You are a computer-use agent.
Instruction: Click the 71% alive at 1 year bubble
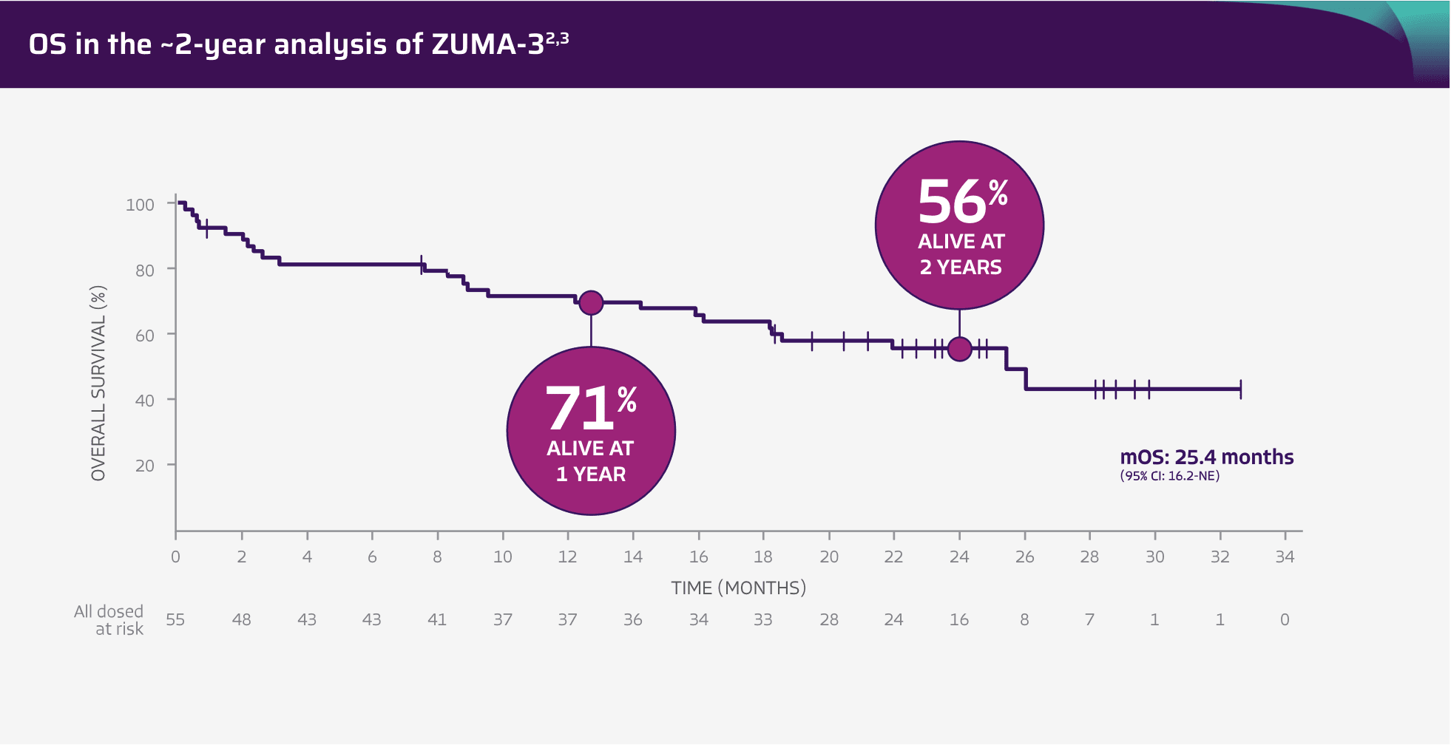point(591,431)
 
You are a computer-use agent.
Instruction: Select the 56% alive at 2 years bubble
point(959,225)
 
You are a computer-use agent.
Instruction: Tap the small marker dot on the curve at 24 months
point(959,349)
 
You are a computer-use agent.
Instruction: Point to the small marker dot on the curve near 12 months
point(591,302)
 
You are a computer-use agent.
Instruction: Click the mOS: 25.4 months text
point(1206,457)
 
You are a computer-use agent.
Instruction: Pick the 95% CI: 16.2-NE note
point(1169,476)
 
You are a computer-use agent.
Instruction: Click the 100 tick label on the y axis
point(140,205)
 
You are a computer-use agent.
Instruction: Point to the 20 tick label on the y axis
point(144,466)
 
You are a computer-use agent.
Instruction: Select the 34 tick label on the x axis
point(1285,557)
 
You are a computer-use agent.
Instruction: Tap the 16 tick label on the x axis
point(698,557)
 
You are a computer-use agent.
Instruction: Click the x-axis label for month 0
point(175,557)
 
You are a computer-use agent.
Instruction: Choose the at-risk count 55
point(175,620)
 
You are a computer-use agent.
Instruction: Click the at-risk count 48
point(241,620)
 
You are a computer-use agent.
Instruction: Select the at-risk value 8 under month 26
point(1024,620)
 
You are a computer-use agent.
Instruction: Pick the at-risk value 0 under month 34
point(1285,620)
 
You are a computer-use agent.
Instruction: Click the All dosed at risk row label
point(109,620)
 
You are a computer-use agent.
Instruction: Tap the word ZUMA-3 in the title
point(488,44)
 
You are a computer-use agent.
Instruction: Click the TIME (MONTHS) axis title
point(739,588)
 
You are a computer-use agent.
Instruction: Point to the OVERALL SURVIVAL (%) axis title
point(98,383)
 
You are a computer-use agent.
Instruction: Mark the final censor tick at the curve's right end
point(1240,389)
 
